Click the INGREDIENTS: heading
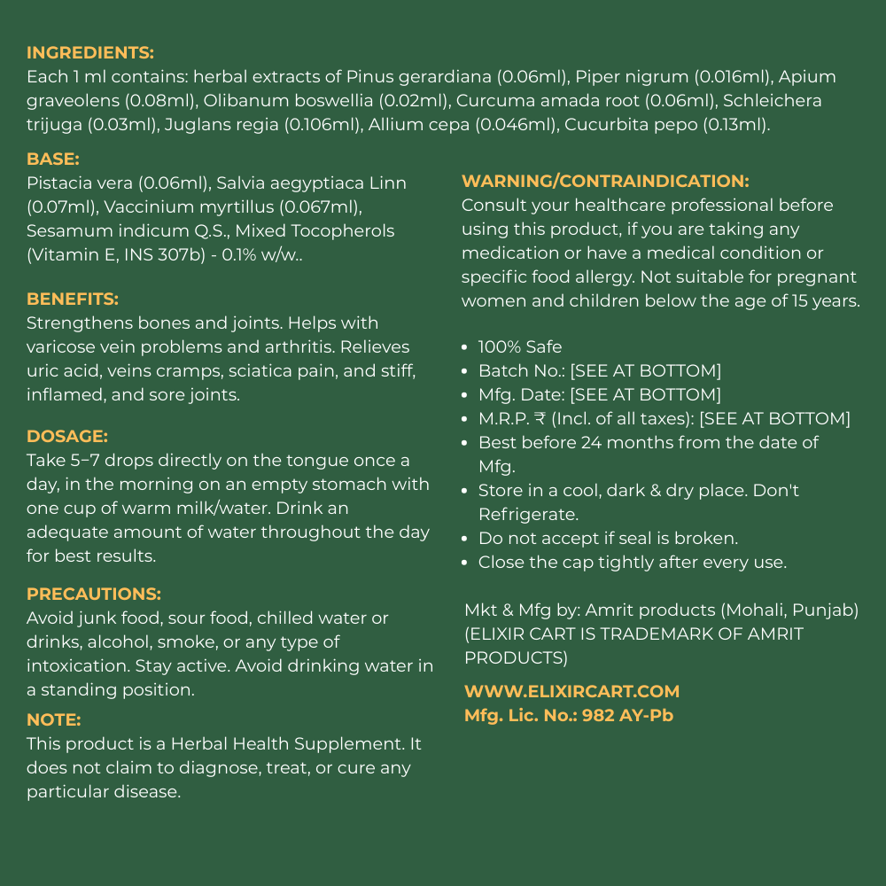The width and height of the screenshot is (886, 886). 90,53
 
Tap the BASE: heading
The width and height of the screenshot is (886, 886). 53,159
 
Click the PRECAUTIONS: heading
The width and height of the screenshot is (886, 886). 94,594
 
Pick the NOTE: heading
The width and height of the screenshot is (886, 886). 54,720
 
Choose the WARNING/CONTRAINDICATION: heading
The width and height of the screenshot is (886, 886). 605,182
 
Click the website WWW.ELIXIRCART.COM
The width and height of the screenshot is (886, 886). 572,692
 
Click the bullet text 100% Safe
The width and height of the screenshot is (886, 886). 520,347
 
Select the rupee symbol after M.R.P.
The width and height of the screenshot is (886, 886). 540,419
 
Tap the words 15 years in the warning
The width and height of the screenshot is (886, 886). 824,300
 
